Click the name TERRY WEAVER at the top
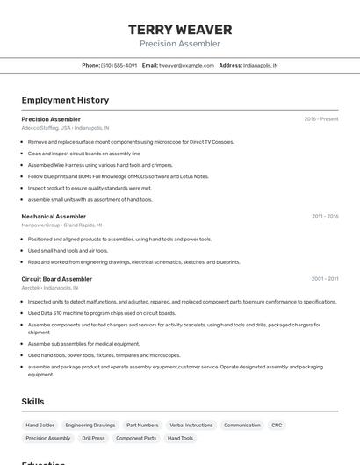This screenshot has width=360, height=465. (x=180, y=30)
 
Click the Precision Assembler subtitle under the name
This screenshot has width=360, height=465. (x=180, y=44)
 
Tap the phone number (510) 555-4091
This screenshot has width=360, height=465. (x=119, y=65)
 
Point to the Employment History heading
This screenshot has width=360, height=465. (x=65, y=100)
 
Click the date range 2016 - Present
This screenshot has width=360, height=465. (x=321, y=119)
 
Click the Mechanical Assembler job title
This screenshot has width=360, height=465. (x=54, y=216)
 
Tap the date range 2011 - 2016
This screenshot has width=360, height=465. (x=325, y=216)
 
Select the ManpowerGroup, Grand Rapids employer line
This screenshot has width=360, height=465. (x=61, y=225)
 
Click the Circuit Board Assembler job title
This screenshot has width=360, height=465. (x=57, y=279)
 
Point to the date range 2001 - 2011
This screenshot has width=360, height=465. (x=325, y=279)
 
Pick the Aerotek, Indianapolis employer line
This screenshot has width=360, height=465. (x=50, y=287)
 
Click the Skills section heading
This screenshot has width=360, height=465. (x=32, y=402)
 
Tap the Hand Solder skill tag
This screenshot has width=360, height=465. (x=40, y=425)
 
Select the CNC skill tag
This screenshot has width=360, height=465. (x=277, y=425)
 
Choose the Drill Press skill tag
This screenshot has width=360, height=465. (x=93, y=438)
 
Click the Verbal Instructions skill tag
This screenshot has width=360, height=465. (x=191, y=425)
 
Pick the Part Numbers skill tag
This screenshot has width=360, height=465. (x=142, y=425)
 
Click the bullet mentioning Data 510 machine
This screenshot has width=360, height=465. (x=102, y=313)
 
